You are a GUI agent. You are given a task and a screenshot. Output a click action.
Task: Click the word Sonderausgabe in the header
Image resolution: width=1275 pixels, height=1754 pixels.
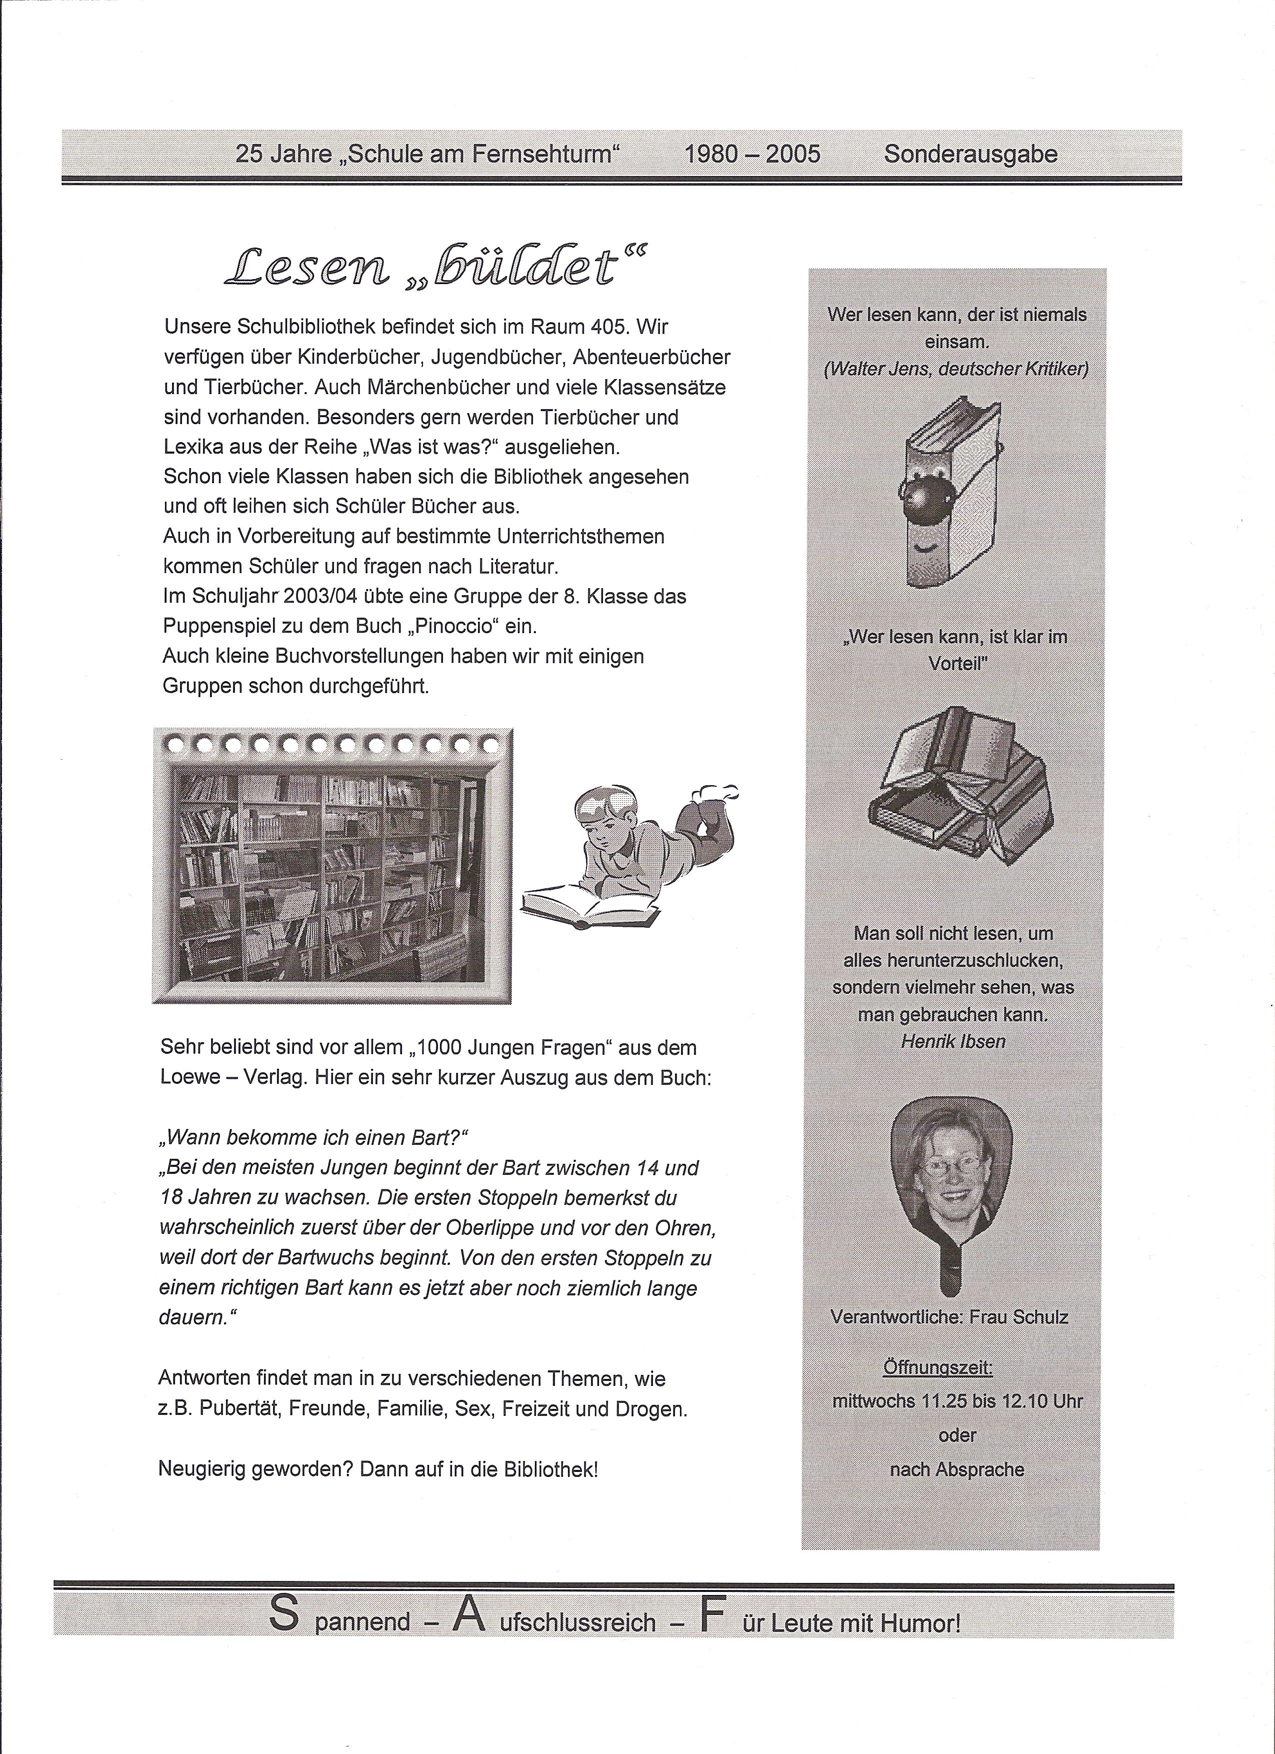pyautogui.click(x=970, y=154)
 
